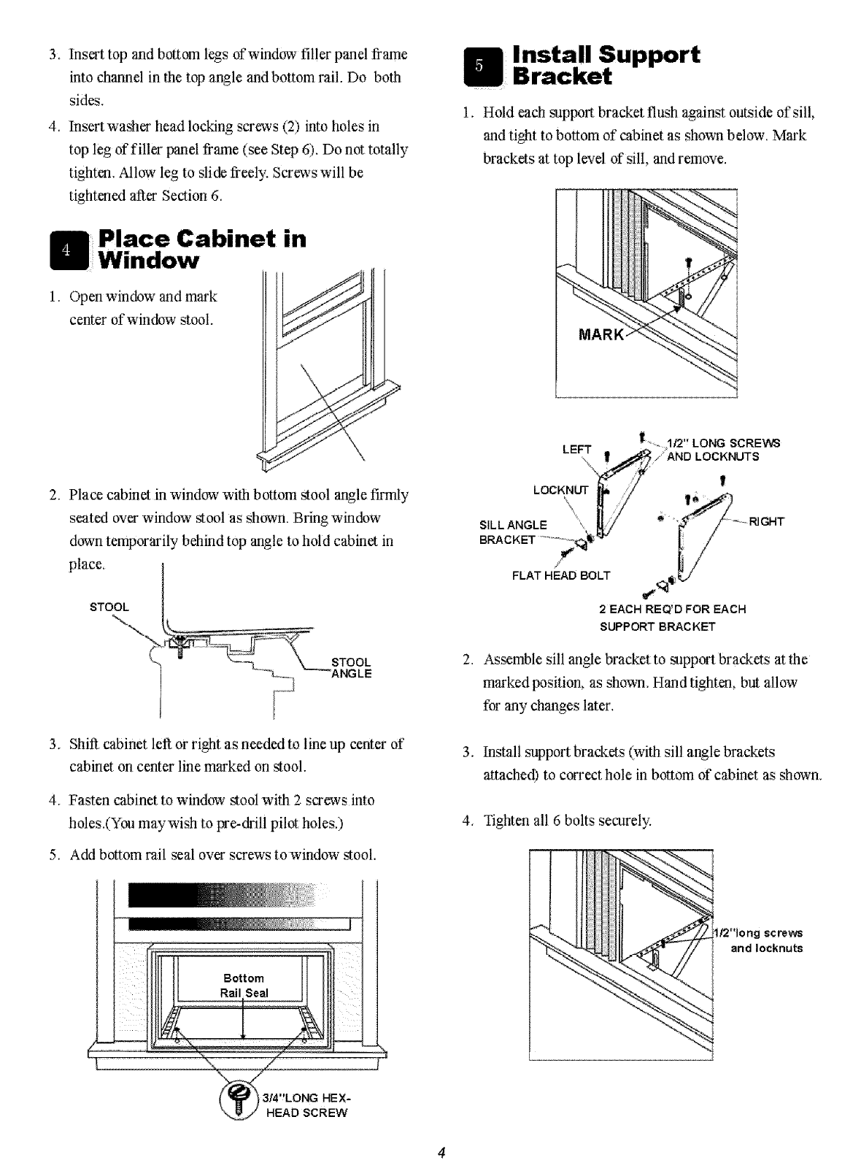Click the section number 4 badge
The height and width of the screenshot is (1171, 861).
pos(66,250)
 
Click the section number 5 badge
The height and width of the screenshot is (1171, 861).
pos(479,65)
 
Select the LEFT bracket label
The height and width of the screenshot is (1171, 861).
pos(576,450)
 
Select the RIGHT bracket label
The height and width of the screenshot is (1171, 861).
pos(765,521)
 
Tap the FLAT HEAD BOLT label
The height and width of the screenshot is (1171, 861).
pos(561,575)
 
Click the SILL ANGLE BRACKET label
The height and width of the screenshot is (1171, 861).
pos(513,532)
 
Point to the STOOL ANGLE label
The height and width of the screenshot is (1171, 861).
pos(352,668)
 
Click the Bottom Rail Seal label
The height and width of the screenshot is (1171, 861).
pos(244,986)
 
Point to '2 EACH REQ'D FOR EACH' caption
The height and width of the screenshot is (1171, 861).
pos(672,609)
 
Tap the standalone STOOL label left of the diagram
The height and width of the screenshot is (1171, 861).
pos(109,607)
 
